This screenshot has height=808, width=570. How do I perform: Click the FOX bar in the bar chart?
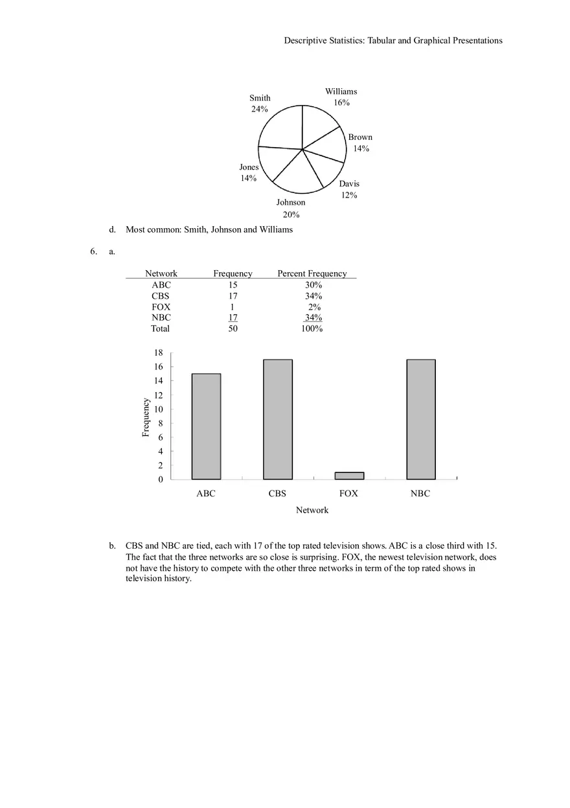click(349, 476)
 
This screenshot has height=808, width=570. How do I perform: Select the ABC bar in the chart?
click(206, 426)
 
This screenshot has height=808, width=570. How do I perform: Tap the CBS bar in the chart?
click(277, 419)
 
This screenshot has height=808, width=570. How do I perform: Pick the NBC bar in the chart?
click(420, 419)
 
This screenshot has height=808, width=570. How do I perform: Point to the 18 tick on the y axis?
click(158, 352)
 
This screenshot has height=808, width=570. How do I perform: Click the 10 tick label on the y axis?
click(158, 409)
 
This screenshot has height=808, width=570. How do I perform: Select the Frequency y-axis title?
click(146, 417)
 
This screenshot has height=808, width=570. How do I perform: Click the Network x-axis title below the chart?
click(312, 510)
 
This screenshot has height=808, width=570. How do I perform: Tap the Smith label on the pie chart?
click(260, 98)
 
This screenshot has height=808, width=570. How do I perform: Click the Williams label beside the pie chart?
click(341, 91)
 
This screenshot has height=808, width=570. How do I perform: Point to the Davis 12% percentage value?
click(349, 195)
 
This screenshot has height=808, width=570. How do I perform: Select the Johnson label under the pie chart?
click(291, 202)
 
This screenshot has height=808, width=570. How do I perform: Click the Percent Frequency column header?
click(312, 273)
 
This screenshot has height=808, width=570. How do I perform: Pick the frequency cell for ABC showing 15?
click(233, 284)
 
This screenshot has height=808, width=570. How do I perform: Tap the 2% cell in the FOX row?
click(314, 306)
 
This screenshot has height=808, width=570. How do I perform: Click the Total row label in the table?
click(160, 329)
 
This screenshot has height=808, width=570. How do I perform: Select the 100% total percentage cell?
click(312, 329)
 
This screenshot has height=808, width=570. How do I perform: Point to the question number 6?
click(93, 251)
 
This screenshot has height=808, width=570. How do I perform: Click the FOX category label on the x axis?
click(348, 493)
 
